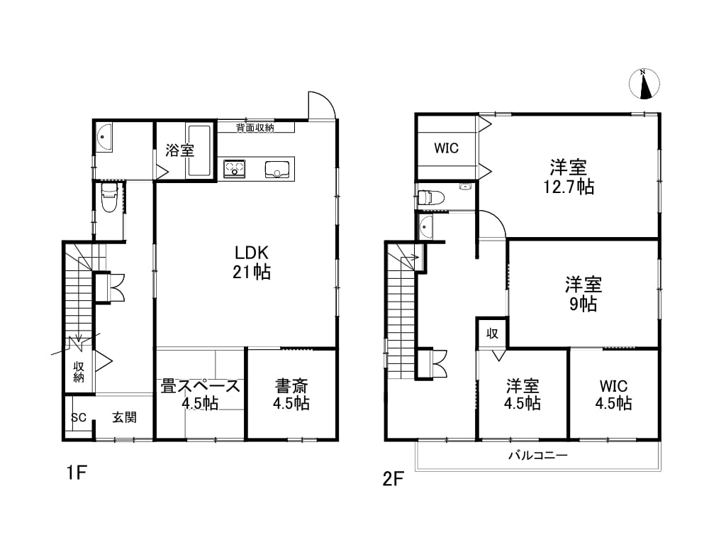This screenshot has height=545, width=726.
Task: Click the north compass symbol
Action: click(644, 84)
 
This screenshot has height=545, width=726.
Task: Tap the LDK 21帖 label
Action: click(252, 263)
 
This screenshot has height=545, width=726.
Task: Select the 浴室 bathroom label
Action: click(179, 150)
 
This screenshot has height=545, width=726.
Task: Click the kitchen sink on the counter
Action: click(277, 169)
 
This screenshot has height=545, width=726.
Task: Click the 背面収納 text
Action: click(255, 128)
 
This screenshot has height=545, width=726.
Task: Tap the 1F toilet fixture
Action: click(110, 197)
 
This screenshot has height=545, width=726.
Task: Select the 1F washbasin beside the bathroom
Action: click(104, 137)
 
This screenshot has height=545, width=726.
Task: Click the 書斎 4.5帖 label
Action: click(291, 394)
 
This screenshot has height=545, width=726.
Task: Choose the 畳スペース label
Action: click(201, 386)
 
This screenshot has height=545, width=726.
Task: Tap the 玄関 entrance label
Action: click(125, 417)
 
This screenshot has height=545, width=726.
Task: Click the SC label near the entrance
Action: click(79, 417)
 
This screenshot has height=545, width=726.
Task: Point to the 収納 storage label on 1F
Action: click(79, 372)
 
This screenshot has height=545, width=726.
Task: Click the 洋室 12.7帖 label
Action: click(569, 177)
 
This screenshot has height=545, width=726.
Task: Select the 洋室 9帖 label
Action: click(583, 294)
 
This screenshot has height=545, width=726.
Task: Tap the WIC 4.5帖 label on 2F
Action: click(613, 394)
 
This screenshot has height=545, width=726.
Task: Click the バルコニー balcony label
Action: click(538, 455)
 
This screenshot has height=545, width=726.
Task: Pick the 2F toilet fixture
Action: click(430, 197)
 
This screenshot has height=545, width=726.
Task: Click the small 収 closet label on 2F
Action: click(492, 334)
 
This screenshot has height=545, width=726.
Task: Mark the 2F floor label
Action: click(393, 479)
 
